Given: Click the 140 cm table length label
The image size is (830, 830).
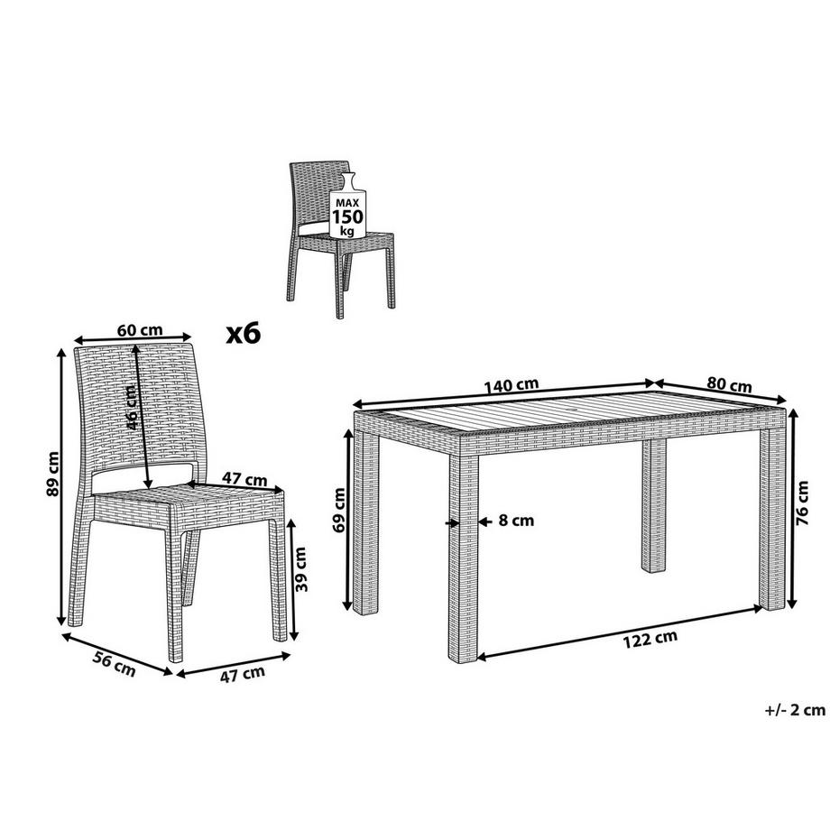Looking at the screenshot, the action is click(x=511, y=385).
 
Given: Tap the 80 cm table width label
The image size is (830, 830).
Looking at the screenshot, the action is click(x=730, y=385).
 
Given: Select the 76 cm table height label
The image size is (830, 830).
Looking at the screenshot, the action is click(x=802, y=503).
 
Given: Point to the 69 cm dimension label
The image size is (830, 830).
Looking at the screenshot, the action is click(x=339, y=510).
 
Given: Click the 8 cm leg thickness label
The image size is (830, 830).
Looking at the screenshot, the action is click(x=516, y=521).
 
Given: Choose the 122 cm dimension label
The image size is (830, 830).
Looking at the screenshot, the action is click(x=650, y=639).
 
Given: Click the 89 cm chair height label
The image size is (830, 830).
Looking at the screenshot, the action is click(x=53, y=474).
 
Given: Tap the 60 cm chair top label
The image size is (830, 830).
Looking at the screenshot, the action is click(x=140, y=330).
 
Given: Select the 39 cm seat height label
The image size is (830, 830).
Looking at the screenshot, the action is click(x=300, y=569).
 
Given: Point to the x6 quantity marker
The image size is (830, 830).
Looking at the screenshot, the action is click(x=244, y=334).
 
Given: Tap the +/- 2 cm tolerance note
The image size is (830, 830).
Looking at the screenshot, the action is click(x=795, y=709).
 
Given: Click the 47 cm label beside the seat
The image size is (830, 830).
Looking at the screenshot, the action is click(x=244, y=479).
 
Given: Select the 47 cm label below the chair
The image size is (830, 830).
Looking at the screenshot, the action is click(x=243, y=674).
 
